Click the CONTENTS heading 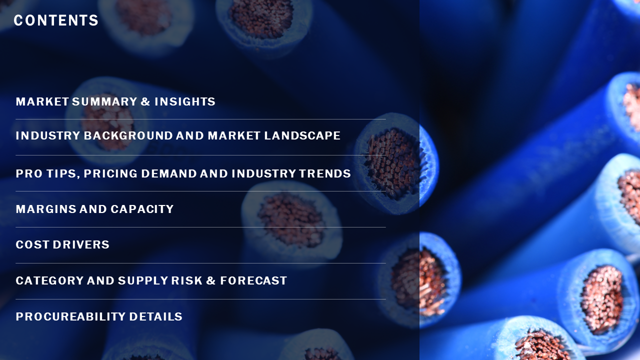pos(56,20)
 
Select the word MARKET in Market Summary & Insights pos(42,101)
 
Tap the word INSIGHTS pos(185,101)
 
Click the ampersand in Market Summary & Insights pos(145,101)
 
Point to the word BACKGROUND pos(128,135)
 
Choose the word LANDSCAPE pos(302,135)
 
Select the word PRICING pos(110,173)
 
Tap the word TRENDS pos(325,173)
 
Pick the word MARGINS pos(45,209)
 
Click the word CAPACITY pos(142,209)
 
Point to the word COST pos(32,244)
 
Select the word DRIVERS pos(81,244)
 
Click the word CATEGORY pos(49,280)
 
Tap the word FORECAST pos(253,280)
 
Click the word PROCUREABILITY pos(70,316)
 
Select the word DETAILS pos(155,316)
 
